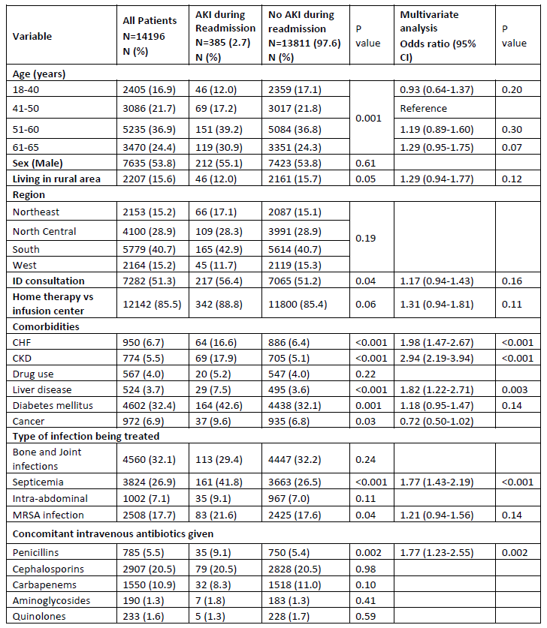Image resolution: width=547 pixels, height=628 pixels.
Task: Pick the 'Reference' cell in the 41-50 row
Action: coord(423,108)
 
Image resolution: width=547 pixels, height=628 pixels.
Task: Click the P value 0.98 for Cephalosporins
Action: coord(365,567)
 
